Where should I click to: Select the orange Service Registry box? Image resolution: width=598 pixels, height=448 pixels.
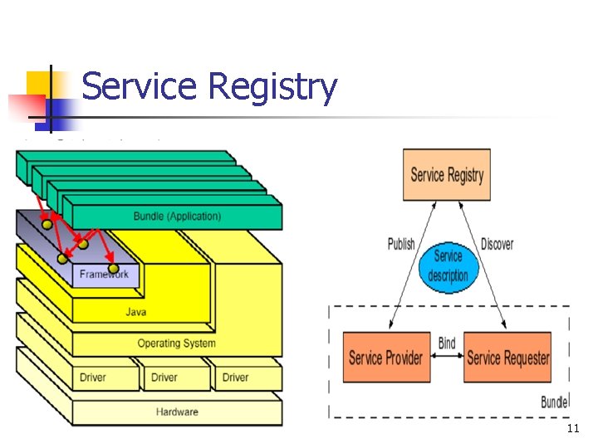point(446,175)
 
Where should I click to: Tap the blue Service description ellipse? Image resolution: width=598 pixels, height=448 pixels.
point(448,266)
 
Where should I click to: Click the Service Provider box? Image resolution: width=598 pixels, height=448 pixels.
point(385,358)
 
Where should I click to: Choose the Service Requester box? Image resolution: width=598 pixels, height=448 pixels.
point(507,358)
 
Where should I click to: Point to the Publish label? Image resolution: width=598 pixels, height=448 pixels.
point(401,244)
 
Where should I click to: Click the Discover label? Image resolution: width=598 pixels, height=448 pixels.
point(497,244)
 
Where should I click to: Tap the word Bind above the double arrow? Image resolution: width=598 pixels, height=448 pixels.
point(446,343)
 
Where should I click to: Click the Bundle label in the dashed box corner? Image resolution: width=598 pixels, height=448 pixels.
point(554,402)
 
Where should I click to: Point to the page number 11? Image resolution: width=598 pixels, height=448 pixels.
point(572,429)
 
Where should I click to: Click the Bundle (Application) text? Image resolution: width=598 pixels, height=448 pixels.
point(177,217)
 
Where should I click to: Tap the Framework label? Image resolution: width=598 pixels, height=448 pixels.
point(104,274)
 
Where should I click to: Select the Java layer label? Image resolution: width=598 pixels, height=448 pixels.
point(135,312)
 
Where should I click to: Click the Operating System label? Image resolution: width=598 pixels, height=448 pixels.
point(176,343)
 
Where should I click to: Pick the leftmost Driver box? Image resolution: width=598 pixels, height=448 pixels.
point(93,377)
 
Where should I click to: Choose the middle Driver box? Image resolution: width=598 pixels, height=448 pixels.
point(164,377)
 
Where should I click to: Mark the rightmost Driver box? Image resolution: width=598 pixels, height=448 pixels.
point(235,377)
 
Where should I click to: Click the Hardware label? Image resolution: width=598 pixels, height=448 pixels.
point(177,411)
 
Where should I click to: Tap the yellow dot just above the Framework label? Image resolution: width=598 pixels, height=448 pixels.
point(112,267)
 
